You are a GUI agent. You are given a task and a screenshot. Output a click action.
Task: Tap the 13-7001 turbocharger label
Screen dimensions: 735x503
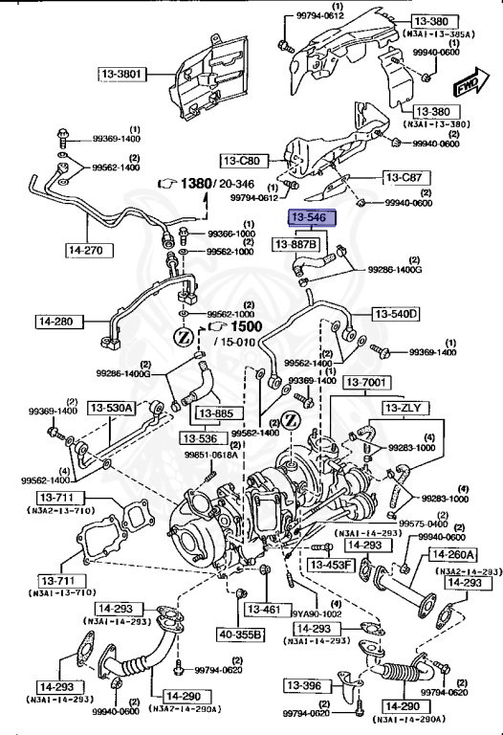pyautogui.click(x=368, y=382)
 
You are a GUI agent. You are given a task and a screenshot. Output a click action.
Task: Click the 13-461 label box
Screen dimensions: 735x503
pyautogui.click(x=264, y=609)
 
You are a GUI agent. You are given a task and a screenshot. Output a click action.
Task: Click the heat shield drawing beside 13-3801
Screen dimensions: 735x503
pyautogui.click(x=206, y=86)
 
